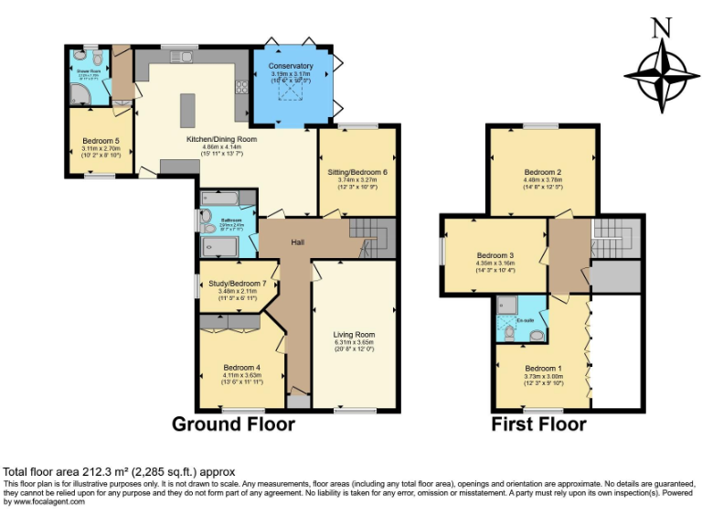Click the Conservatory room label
[x=292, y=66]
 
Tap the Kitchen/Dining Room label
[x=221, y=139]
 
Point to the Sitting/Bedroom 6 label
[x=357, y=172]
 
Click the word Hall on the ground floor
[x=297, y=242]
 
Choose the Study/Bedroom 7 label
[x=237, y=284]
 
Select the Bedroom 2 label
[x=542, y=172]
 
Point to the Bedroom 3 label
[x=495, y=256]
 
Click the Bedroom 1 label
[x=542, y=367]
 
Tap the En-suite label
[x=525, y=321]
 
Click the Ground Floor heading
[x=234, y=425]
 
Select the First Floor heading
[x=539, y=425]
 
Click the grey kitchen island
[x=187, y=110]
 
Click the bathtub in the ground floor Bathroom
[x=222, y=199]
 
